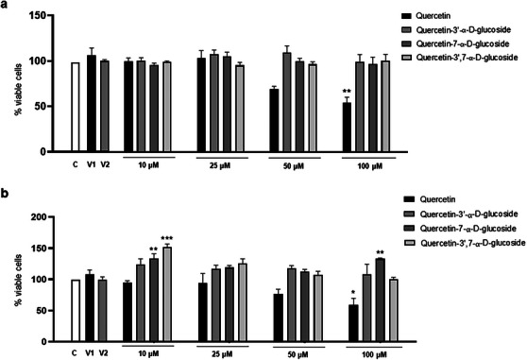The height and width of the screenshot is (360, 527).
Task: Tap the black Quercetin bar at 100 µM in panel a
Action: [347, 127]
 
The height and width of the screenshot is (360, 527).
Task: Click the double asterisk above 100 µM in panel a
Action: [346, 91]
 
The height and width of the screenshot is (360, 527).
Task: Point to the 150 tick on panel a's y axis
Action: [38, 16]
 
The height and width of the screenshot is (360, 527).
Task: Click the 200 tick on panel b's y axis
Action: [38, 217]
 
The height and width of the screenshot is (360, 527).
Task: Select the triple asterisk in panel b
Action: [141, 238]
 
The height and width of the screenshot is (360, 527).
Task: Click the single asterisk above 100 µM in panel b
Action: [347, 294]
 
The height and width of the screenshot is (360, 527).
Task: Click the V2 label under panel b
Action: [104, 357]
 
